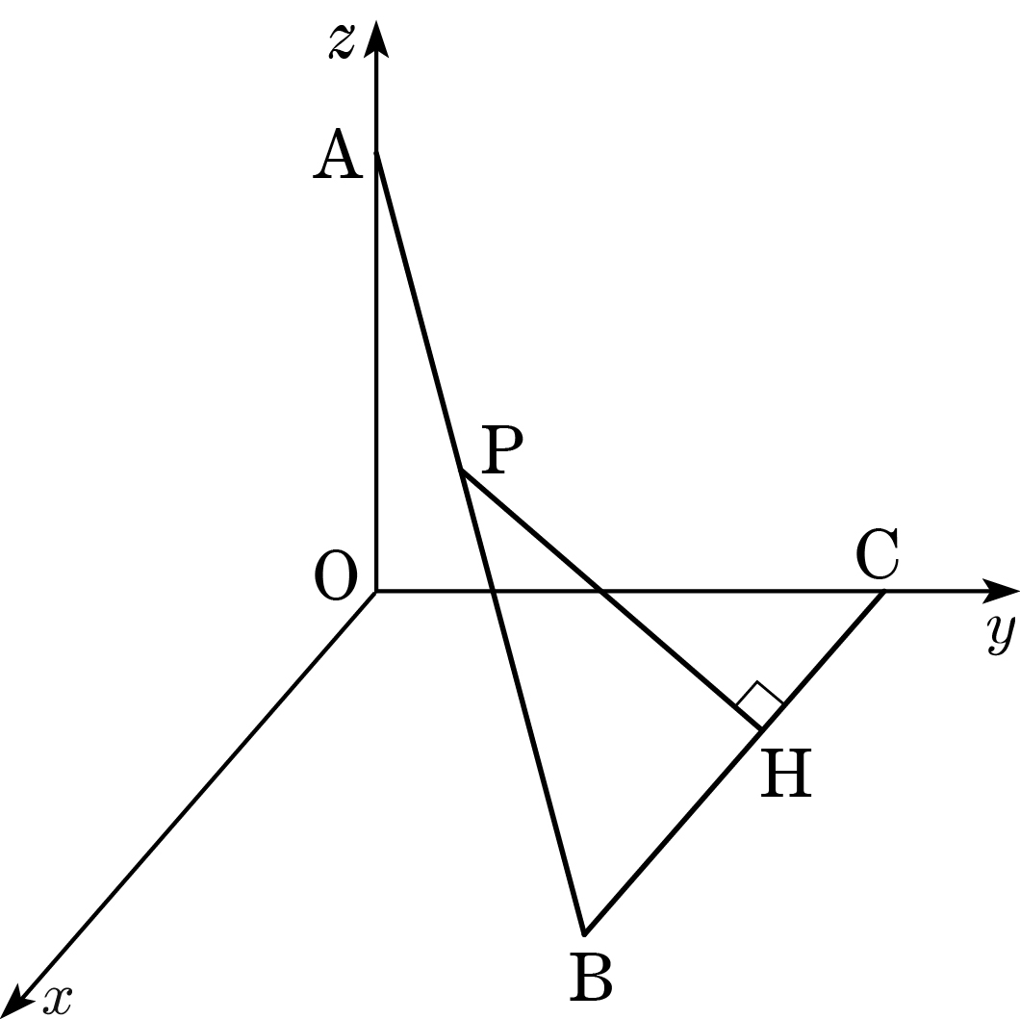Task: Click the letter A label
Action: coord(337,154)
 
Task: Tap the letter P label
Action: coord(502,449)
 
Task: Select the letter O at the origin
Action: coord(336,575)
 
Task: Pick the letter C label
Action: coord(878,554)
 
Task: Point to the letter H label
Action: coord(786,774)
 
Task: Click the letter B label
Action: coord(591,977)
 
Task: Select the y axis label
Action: coord(1000,634)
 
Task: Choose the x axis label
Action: coord(57,1001)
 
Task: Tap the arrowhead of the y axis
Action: coord(1001,591)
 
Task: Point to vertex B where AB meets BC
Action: coord(584,934)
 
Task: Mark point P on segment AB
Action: coord(461,469)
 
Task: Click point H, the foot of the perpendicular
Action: coord(761,730)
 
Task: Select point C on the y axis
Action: coord(884,591)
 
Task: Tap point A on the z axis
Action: coord(376,152)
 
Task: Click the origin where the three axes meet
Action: coord(376,591)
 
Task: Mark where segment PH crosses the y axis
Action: coord(599,591)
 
